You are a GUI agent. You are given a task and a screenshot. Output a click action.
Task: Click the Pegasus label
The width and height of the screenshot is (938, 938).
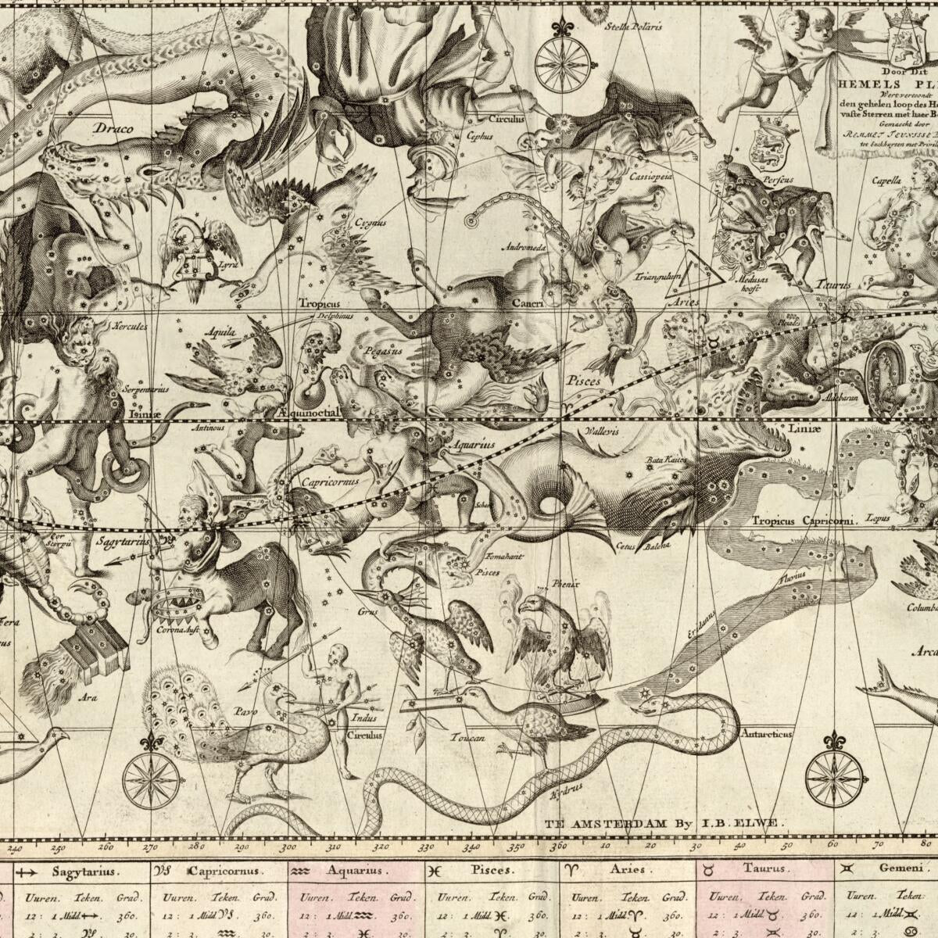[383, 352]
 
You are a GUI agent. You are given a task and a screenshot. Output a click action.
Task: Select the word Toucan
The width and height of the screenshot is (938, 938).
[467, 737]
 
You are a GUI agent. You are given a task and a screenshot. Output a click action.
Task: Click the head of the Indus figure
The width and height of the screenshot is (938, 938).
[337, 652]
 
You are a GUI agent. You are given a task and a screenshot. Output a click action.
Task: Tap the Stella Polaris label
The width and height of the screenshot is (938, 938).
[633, 26]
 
